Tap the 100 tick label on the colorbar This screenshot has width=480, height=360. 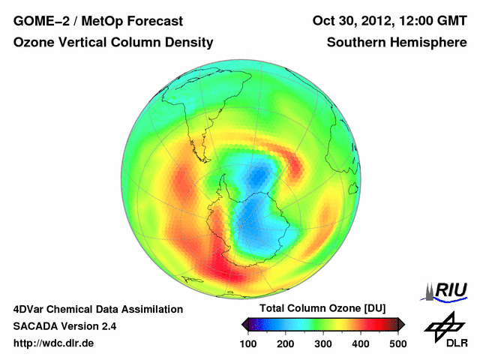[x=249, y=343]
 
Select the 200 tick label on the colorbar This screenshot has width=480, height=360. [x=286, y=343]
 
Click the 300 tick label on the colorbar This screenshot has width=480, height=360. [x=322, y=343]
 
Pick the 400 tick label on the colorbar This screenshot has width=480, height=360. [x=360, y=343]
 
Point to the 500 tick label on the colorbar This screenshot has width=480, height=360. [x=397, y=343]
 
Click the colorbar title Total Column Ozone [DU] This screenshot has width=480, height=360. [x=322, y=309]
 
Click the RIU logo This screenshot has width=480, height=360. [x=445, y=291]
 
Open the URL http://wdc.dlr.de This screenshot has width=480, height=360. [x=54, y=343]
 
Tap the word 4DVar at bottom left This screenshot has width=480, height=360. [x=31, y=309]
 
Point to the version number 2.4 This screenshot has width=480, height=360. [x=107, y=326]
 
